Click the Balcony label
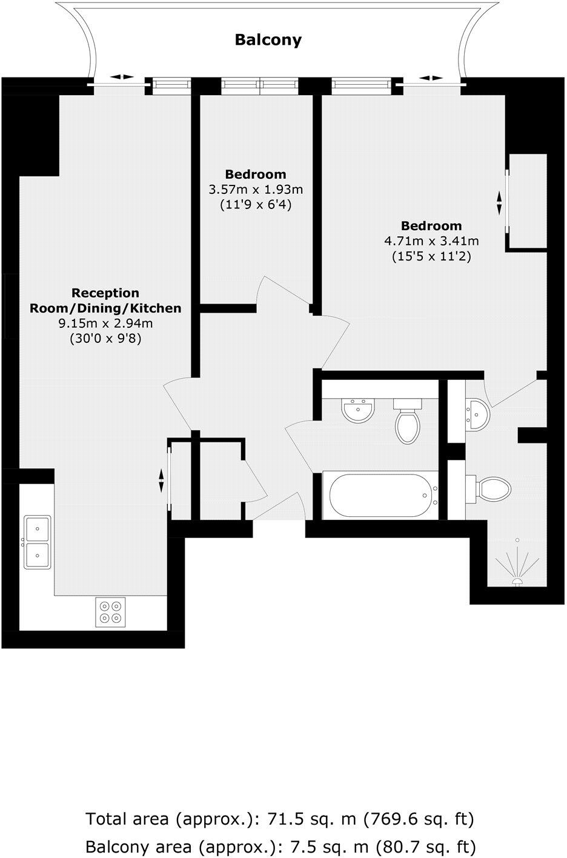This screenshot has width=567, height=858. coord(268,41)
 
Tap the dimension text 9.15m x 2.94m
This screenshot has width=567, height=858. coord(105,324)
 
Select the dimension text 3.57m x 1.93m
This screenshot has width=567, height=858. coord(256,190)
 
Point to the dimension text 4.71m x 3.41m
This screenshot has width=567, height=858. coord(431,241)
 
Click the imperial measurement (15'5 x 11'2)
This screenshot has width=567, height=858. coord(431,256)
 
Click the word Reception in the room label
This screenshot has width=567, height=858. coord(105,293)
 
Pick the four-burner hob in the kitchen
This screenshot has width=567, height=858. coord(110,612)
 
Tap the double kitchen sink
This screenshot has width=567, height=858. coord(37,541)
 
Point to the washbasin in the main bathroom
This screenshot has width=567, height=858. coord(358,410)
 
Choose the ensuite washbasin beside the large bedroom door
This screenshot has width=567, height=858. coord(475,414)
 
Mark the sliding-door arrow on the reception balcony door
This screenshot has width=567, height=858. coord(123,77)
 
